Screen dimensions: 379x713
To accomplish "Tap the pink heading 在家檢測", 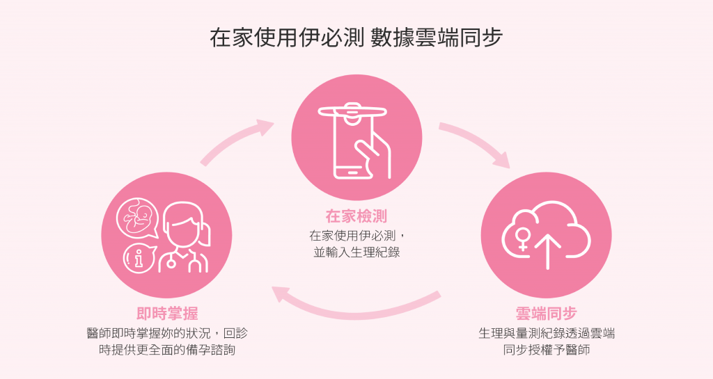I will coord(356,216).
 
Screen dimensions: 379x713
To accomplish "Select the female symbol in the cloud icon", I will coord(520,239).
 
